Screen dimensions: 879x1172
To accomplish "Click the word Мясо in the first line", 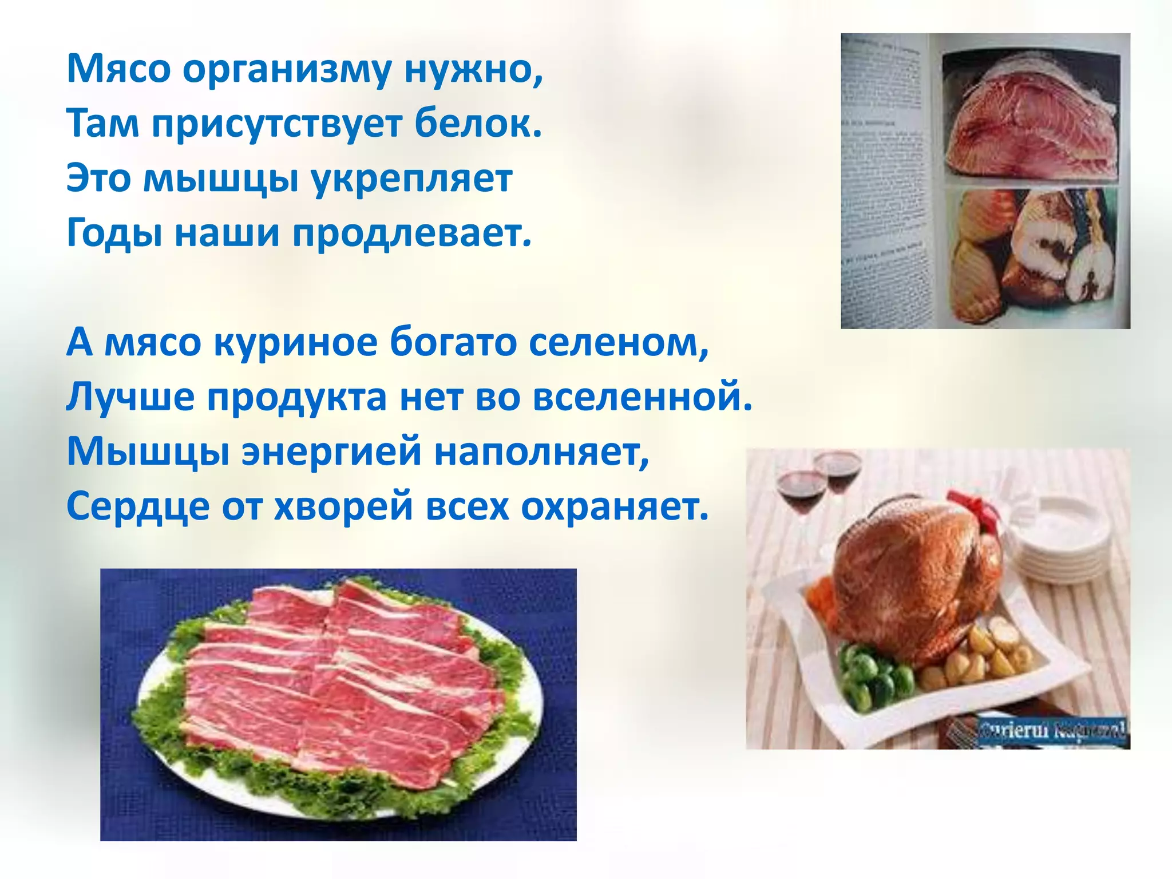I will coord(118,69).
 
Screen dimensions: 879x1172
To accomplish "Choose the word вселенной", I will coord(642,397).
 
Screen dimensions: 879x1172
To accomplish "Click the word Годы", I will coord(114,234).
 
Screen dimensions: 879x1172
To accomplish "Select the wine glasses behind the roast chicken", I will coord(818,481).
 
